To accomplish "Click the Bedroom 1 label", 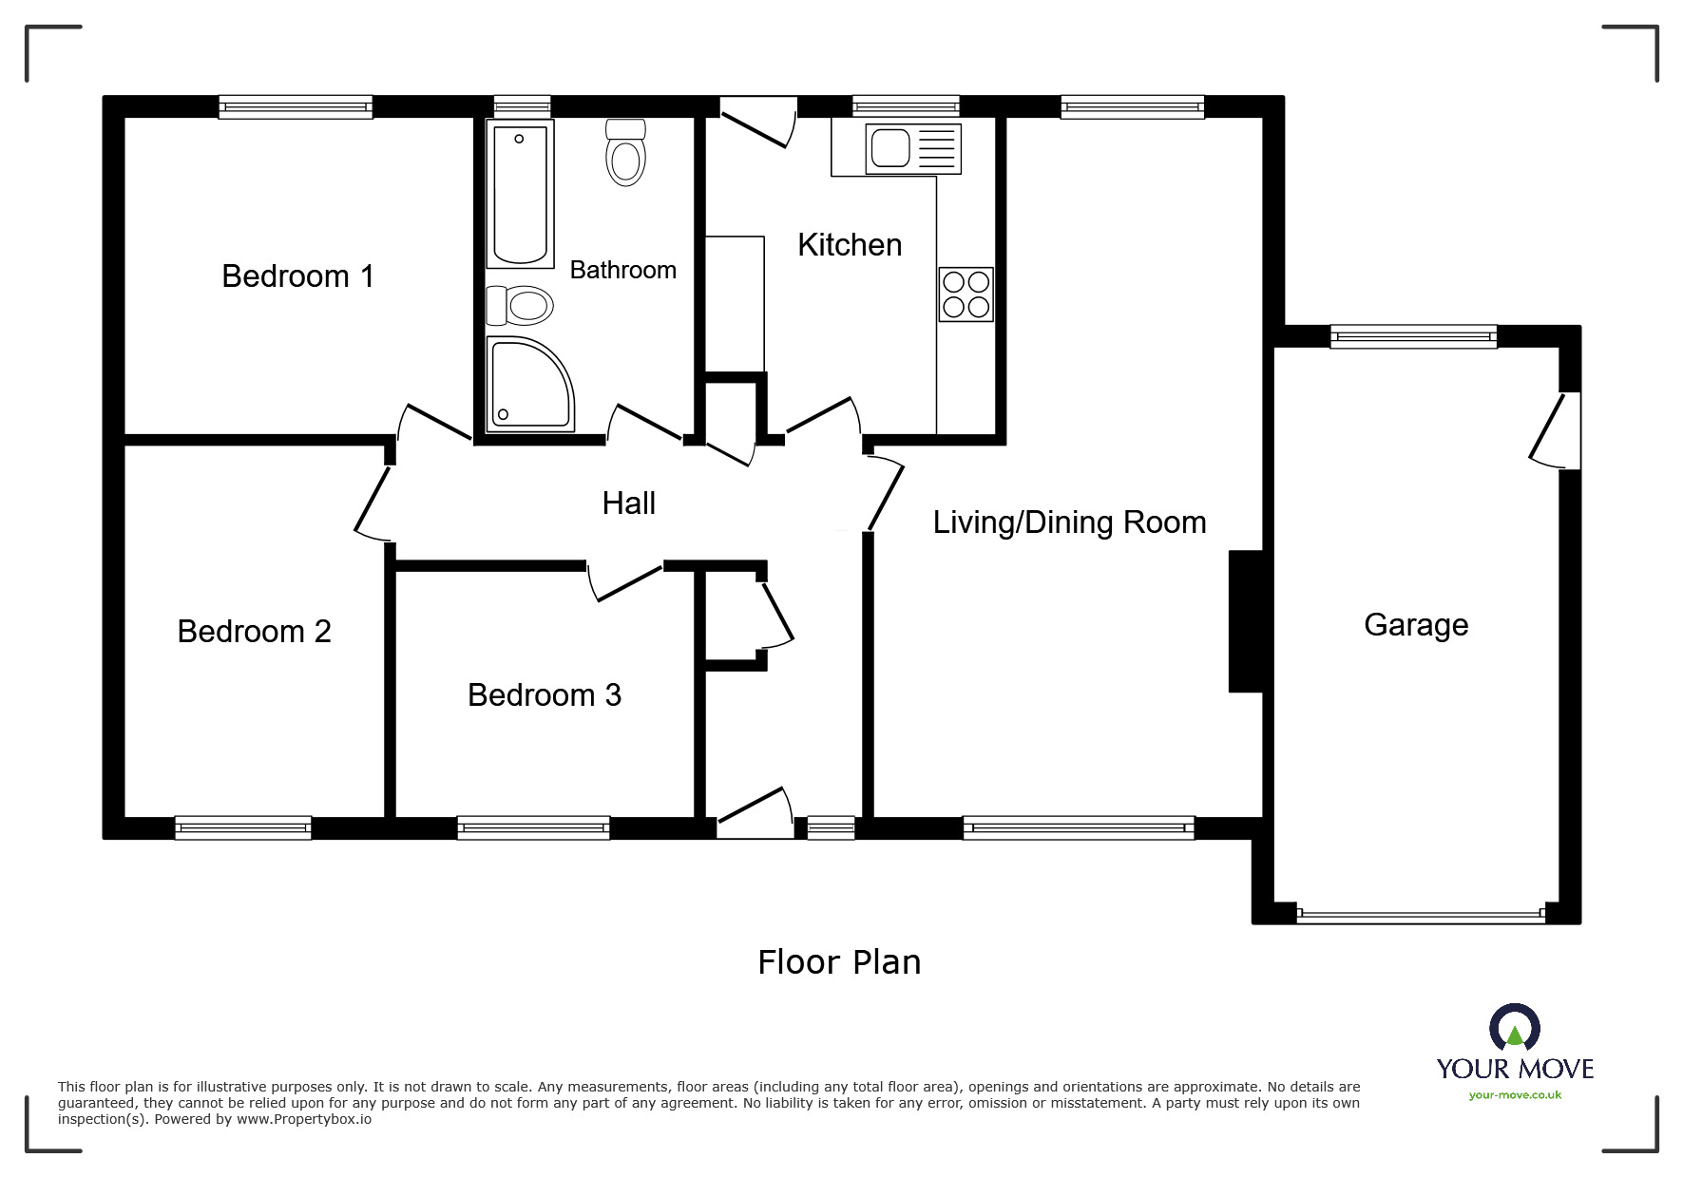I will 297,276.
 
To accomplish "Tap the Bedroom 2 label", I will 254,632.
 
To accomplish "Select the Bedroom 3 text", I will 544,695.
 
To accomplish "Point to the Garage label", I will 1415,625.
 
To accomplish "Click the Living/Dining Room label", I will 1069,522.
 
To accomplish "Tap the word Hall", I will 628,503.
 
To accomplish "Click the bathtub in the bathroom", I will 520,194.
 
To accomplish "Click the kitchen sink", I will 912,149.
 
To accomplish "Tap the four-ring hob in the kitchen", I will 966,294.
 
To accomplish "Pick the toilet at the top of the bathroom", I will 625,154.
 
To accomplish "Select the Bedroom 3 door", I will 625,581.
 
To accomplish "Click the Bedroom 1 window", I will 295,106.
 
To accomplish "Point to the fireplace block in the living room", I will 1246,621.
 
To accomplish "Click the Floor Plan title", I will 838,962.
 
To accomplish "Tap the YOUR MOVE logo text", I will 1515,1069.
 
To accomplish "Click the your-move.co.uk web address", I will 1515,1095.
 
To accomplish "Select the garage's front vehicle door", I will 1420,917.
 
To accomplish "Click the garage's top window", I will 1412,335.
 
